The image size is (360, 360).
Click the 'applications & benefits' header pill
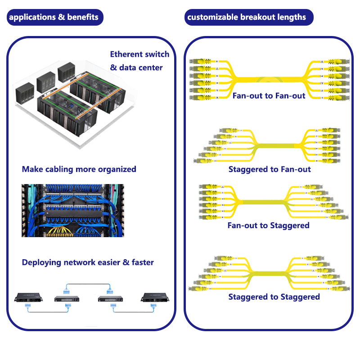54,18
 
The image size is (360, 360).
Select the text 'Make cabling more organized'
79,169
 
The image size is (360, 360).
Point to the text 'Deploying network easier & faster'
88,262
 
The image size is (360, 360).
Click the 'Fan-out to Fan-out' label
269,95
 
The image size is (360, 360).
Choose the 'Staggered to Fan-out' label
270,169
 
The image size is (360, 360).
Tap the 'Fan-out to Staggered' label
269,225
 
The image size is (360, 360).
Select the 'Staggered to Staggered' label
274,297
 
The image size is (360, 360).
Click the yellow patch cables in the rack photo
61,231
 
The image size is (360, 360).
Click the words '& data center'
136,68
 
